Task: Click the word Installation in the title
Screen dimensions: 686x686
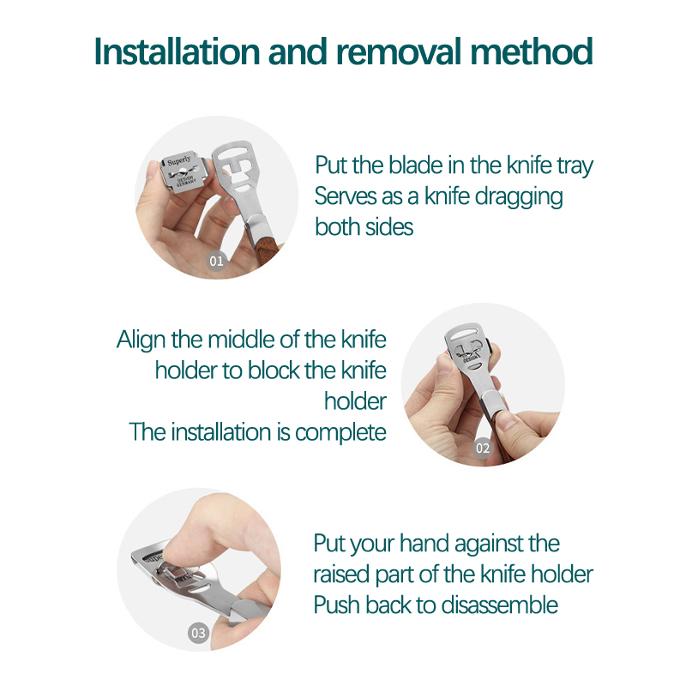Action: [x=178, y=51]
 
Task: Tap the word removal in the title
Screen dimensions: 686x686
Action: [x=399, y=51]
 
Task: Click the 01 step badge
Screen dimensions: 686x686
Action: [x=217, y=261]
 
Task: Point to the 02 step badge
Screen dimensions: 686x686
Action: [x=483, y=448]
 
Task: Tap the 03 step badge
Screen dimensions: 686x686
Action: [x=198, y=633]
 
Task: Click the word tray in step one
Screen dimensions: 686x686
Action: [x=575, y=166]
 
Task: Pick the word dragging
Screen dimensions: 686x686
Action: [x=519, y=197]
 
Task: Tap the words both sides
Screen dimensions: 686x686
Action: [x=364, y=227]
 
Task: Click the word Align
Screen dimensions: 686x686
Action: [x=141, y=340]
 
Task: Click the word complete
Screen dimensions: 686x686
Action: [x=340, y=433]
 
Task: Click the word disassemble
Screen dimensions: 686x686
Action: [x=500, y=605]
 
